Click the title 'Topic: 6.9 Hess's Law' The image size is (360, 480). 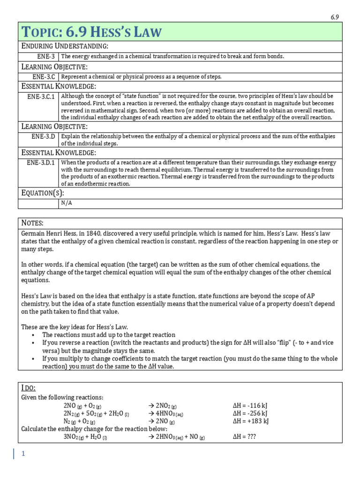coord(92,32)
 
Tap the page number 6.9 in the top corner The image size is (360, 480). coord(335,17)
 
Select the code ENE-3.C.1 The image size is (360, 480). coord(41,96)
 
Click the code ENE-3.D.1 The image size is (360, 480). coord(41,163)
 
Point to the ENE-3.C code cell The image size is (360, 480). coord(44,76)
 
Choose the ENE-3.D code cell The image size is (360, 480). coord(44,136)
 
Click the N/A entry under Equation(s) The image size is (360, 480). coord(67,203)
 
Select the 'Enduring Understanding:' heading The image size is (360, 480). coord(65,45)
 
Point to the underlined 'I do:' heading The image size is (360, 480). coord(29,388)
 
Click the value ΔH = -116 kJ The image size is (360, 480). coord(250,405)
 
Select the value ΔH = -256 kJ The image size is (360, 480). coord(250,413)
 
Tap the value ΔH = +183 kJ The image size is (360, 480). coord(251,421)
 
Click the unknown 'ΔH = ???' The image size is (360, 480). coord(244,436)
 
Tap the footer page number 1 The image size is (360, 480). coord(22,454)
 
